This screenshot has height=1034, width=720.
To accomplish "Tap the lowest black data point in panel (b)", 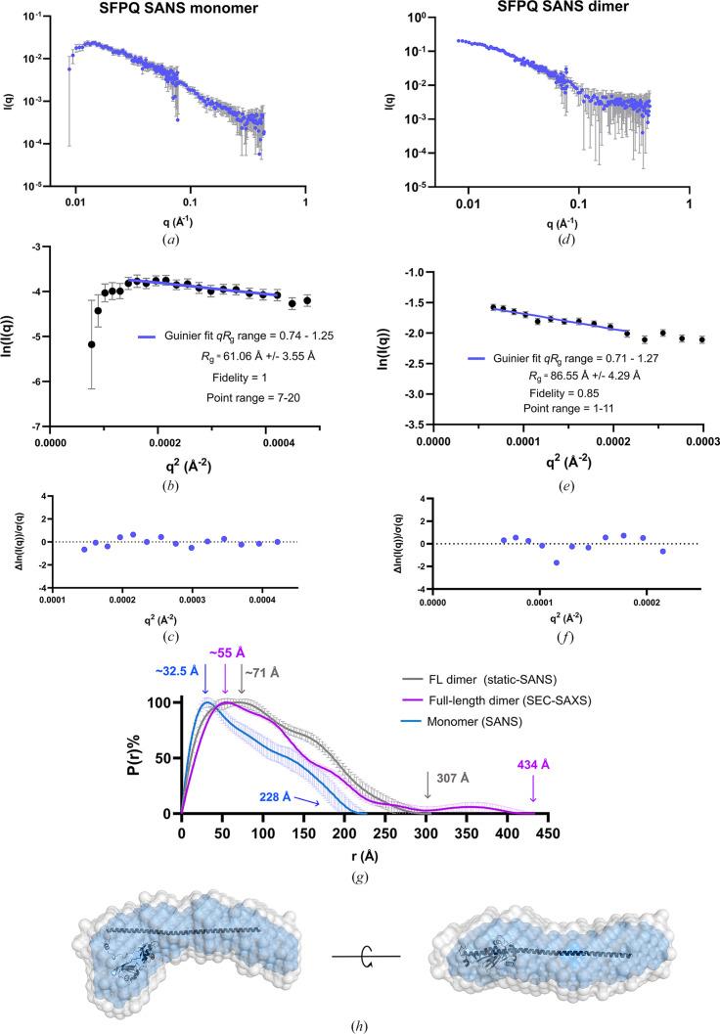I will coord(92,344).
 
